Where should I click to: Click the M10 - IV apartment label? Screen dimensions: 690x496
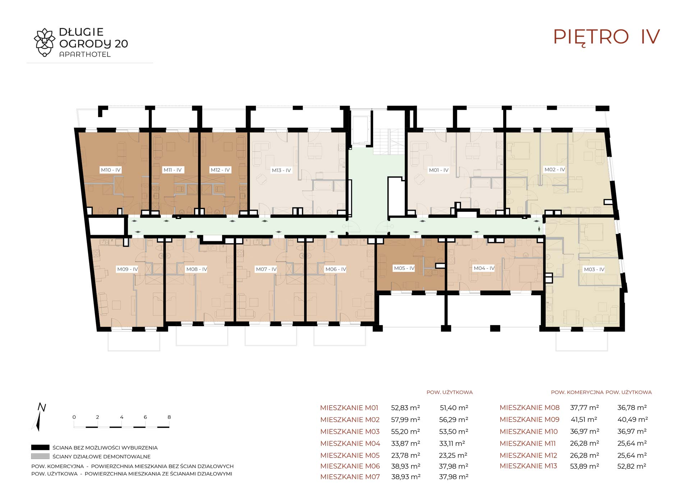(x=111, y=170)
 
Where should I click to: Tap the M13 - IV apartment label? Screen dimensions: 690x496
(x=281, y=170)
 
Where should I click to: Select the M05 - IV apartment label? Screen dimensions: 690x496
(x=404, y=268)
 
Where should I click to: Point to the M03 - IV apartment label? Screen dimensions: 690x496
(x=594, y=269)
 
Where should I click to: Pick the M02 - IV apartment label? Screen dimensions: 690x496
(x=555, y=169)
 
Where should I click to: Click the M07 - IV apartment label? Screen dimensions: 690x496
(x=266, y=269)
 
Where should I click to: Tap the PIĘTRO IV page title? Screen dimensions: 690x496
(x=606, y=37)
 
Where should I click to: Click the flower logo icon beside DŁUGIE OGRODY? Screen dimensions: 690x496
(x=45, y=42)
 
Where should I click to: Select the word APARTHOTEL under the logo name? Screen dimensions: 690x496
(x=85, y=55)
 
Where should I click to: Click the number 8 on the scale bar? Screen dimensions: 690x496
(x=169, y=417)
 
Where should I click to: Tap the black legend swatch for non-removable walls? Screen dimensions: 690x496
(x=40, y=448)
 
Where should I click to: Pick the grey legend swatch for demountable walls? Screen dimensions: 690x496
(x=40, y=457)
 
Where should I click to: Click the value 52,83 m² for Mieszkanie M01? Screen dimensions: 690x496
(x=405, y=408)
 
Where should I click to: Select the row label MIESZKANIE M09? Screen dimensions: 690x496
(x=529, y=420)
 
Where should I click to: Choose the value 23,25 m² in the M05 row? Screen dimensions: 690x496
(x=453, y=455)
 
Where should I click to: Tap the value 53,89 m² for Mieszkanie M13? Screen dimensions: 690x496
(x=584, y=466)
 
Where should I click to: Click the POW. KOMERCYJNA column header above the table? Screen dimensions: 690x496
(x=577, y=392)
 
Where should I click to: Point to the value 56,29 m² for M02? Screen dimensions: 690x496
(x=454, y=420)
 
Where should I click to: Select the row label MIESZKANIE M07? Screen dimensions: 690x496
(x=350, y=477)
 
